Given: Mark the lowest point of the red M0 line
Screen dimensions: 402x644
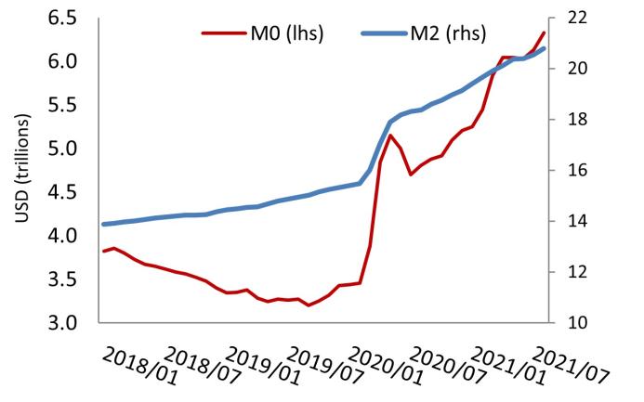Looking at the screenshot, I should (309, 305).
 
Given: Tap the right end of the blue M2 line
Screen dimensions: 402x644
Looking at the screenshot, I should (544, 48).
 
